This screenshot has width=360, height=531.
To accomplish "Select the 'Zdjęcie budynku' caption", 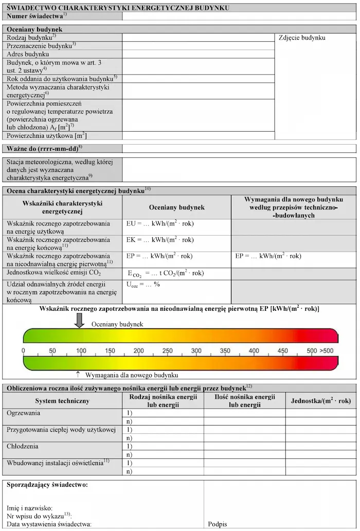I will (302, 38).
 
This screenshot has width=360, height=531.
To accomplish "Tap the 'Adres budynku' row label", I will (28, 54).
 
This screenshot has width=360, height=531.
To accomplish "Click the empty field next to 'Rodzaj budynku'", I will (199, 38).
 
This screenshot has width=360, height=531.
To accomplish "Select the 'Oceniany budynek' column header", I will (176, 207).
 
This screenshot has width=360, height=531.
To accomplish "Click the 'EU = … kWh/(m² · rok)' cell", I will (160, 224).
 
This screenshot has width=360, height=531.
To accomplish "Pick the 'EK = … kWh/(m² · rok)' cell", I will (160, 240).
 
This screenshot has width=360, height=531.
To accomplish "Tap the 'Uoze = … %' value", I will (143, 285).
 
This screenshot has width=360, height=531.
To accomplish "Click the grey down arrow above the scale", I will (79, 320).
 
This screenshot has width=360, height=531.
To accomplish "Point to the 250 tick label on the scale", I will (168, 351).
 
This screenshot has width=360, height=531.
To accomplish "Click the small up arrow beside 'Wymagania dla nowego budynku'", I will (78, 375).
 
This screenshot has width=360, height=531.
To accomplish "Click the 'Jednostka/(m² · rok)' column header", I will (320, 401).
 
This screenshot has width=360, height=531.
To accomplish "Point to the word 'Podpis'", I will (218, 524).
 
